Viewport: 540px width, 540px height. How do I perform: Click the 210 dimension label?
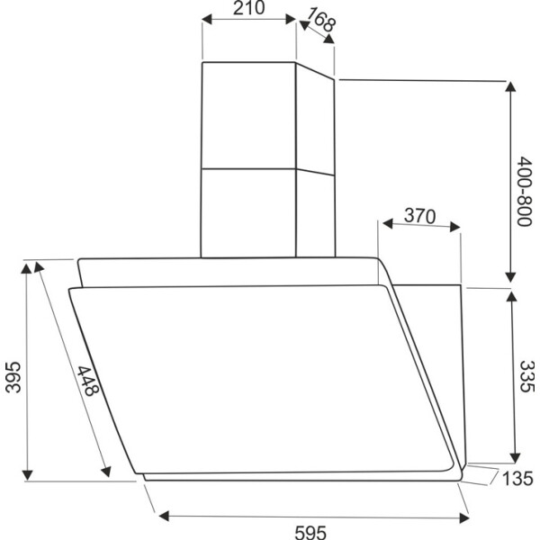(249, 8)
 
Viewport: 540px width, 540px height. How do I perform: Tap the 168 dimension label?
(321, 20)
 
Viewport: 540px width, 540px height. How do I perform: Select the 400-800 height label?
(525, 191)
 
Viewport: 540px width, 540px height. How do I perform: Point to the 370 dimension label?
(419, 216)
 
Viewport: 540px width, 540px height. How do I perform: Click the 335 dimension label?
(527, 376)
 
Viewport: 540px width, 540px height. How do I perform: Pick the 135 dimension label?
(517, 479)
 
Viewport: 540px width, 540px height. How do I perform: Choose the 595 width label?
(310, 533)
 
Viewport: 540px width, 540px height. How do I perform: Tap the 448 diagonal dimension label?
(88, 381)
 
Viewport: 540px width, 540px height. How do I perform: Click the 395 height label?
(13, 377)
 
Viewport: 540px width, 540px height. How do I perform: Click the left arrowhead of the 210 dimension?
(206, 19)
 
